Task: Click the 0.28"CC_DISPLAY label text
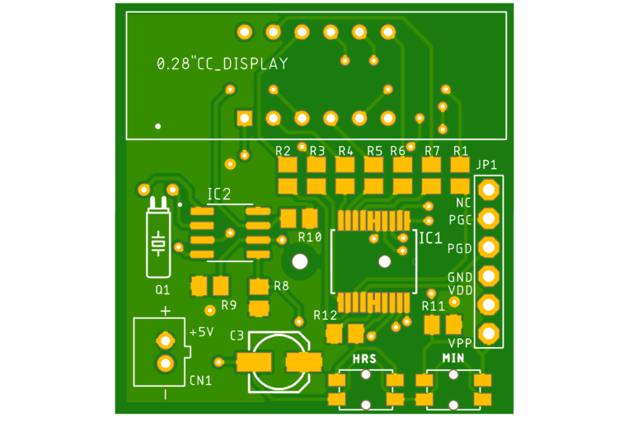click(x=223, y=63)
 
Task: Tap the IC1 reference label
click(x=430, y=238)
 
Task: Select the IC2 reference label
click(x=218, y=195)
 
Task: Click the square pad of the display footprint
click(x=245, y=119)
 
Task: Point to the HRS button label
click(x=364, y=359)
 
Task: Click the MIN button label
click(x=453, y=359)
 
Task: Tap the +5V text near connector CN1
click(x=201, y=332)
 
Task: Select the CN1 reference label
click(x=200, y=381)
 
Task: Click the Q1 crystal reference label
click(x=162, y=289)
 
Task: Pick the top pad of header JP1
click(x=489, y=190)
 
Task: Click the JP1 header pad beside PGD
click(x=489, y=247)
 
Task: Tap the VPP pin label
click(x=460, y=343)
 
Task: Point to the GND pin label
click(x=460, y=278)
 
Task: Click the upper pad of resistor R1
click(x=460, y=165)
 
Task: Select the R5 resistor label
click(x=375, y=151)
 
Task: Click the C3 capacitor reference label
click(x=237, y=335)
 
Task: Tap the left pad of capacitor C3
click(x=254, y=362)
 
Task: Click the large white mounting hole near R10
click(x=300, y=261)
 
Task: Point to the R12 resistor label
click(x=326, y=315)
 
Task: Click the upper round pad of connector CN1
click(x=166, y=341)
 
